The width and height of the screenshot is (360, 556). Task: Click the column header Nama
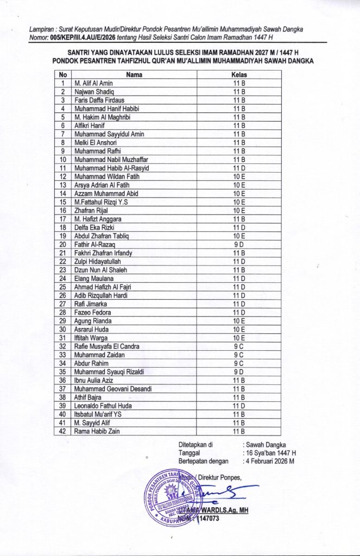pos(134,74)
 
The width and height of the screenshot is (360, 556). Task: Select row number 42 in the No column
pos(63,431)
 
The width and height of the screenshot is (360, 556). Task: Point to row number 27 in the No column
pos(63,304)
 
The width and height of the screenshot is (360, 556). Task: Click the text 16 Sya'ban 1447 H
pos(271,452)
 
